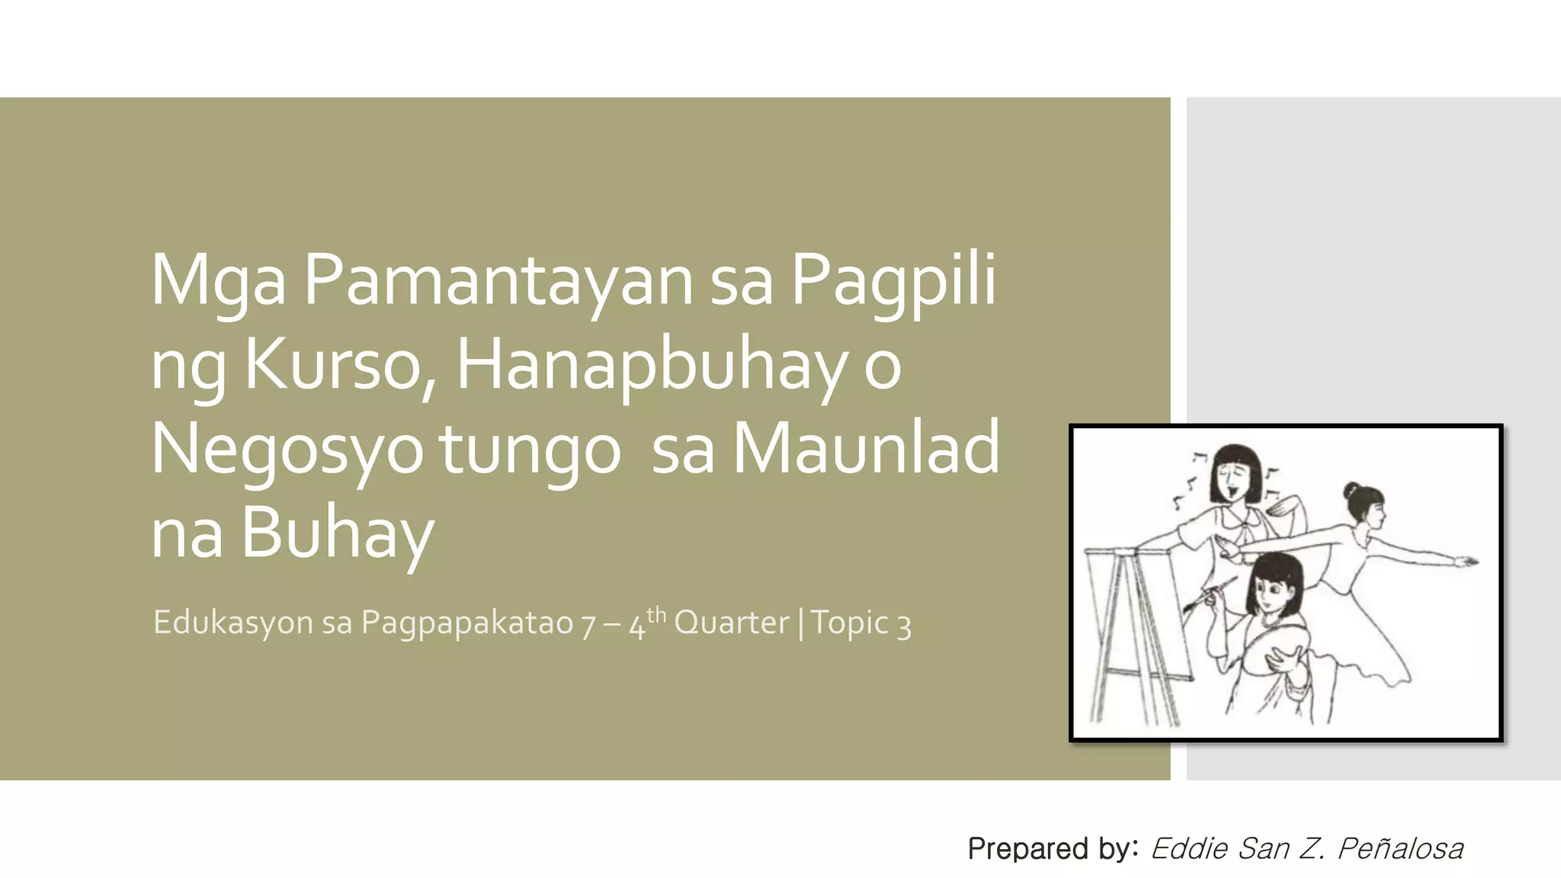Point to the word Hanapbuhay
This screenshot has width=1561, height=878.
click(651, 364)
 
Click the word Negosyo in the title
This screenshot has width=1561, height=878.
click(287, 448)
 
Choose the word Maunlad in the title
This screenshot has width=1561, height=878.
click(865, 448)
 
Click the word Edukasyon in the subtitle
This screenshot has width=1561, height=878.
click(232, 623)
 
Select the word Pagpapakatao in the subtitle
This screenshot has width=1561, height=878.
click(466, 623)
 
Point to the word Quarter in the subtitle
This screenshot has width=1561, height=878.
click(731, 623)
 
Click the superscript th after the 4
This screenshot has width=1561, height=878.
click(656, 614)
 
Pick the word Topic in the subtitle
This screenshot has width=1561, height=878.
click(849, 623)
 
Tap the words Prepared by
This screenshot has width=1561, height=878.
click(1053, 848)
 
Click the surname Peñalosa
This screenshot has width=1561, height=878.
click(1400, 848)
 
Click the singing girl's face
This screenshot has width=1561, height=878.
click(1235, 480)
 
